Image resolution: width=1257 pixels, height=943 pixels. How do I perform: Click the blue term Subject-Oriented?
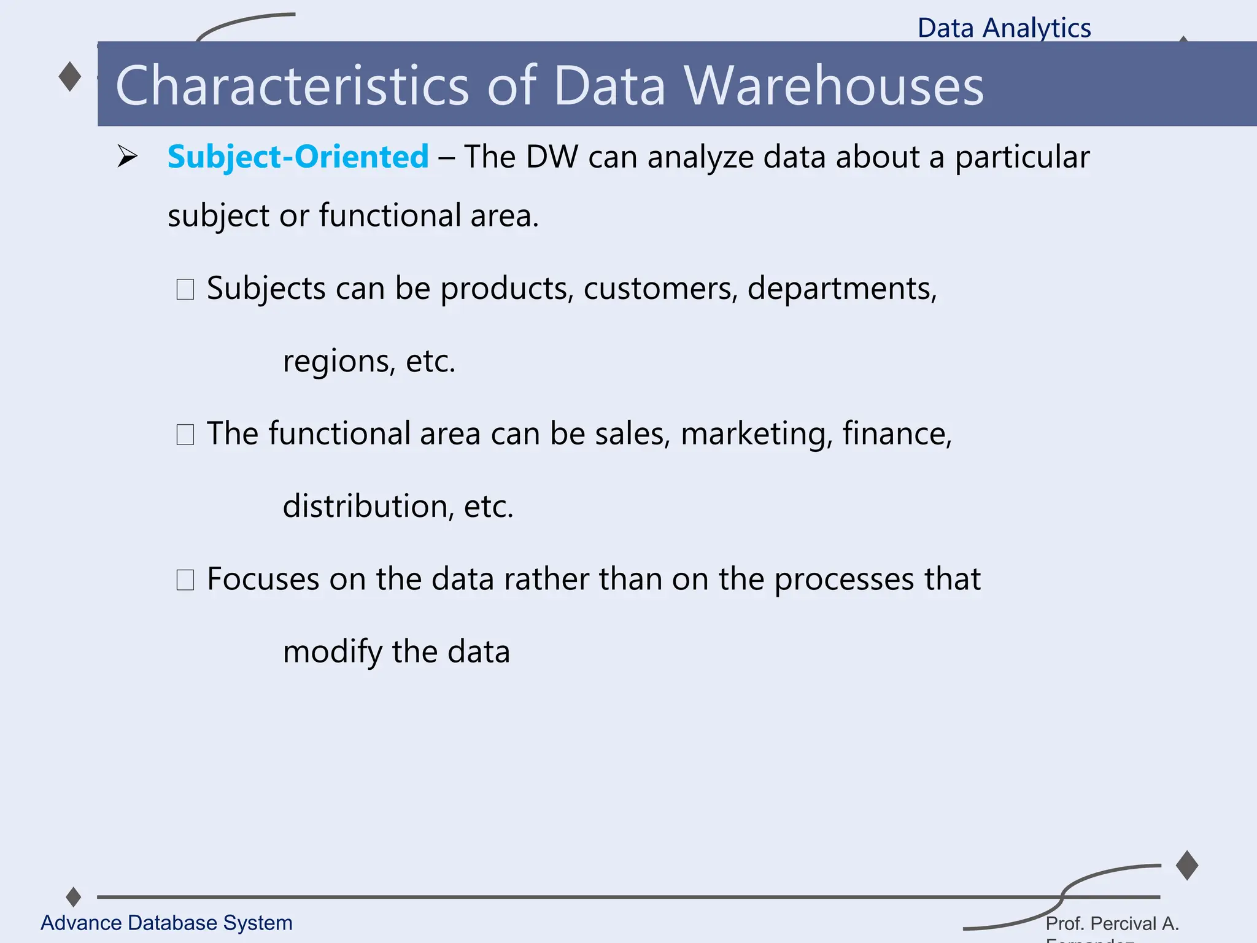[298, 157]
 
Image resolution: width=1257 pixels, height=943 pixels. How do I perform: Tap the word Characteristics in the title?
[292, 86]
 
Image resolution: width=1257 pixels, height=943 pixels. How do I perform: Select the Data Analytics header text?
[1004, 28]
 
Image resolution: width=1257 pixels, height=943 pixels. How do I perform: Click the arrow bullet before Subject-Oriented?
[128, 157]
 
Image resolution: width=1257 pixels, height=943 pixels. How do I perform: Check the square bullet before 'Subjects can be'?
[185, 289]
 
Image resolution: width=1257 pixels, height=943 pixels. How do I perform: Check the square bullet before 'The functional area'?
[185, 435]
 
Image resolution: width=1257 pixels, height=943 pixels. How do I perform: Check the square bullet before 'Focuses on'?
[185, 580]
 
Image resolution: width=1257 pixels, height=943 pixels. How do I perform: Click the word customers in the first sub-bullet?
[660, 289]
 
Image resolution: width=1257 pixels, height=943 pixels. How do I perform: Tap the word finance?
[896, 433]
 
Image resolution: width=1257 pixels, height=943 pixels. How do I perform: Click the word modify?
[332, 652]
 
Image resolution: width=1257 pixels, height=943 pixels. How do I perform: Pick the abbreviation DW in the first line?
[552, 157]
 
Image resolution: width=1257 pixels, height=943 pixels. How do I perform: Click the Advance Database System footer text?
[166, 923]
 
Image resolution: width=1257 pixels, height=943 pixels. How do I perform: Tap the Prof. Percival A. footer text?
[1112, 923]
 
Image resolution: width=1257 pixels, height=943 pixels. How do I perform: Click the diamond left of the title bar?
[70, 77]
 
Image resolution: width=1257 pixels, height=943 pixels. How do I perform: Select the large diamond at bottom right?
[1187, 865]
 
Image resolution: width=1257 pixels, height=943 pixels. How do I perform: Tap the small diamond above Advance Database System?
[74, 896]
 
